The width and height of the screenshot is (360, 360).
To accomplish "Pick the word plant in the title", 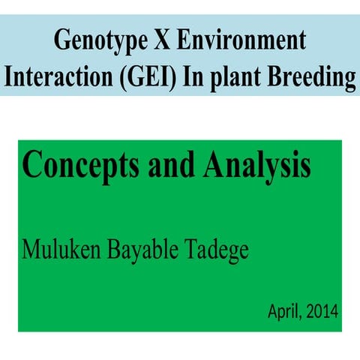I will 237,77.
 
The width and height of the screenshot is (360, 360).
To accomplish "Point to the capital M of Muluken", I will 32,247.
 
